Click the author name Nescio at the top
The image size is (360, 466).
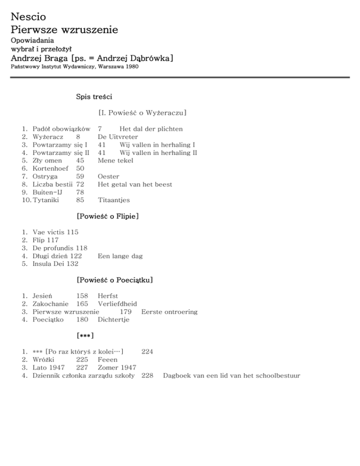click(x=29, y=17)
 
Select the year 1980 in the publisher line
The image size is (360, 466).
click(x=130, y=67)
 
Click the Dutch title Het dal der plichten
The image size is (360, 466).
click(x=151, y=129)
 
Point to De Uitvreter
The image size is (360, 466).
click(x=118, y=137)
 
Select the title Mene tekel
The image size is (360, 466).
click(x=115, y=160)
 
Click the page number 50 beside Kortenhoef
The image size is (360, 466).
click(x=80, y=168)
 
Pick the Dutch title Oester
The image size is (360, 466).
click(x=108, y=176)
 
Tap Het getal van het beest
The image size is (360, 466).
click(x=135, y=184)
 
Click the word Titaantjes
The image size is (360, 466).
click(x=114, y=200)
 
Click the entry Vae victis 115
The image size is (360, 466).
click(x=55, y=232)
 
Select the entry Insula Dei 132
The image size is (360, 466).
click(x=55, y=264)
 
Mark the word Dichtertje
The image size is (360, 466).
click(x=113, y=320)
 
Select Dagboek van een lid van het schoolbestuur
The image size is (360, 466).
click(x=232, y=376)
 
